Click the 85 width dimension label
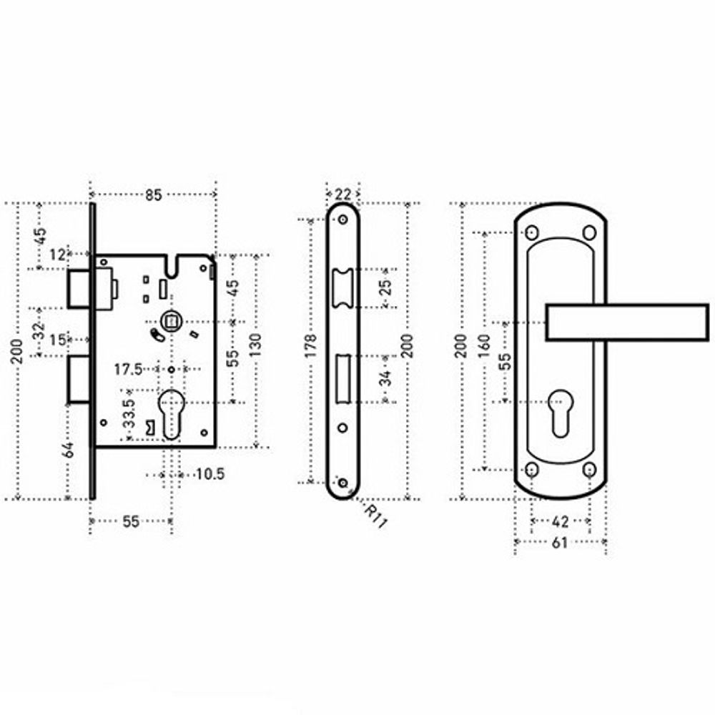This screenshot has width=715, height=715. tap(154, 195)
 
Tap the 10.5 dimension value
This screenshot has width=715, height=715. tap(210, 474)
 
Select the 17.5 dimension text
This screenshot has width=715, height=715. tap(128, 370)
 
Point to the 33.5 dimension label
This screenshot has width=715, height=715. tap(129, 413)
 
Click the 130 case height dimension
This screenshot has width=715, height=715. tap(255, 345)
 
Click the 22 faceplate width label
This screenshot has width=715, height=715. tap(343, 194)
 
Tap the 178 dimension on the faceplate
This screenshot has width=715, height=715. tap(310, 345)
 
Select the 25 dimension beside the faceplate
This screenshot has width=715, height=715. tap(385, 287)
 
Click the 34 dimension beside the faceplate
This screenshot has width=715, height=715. tap(386, 378)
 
